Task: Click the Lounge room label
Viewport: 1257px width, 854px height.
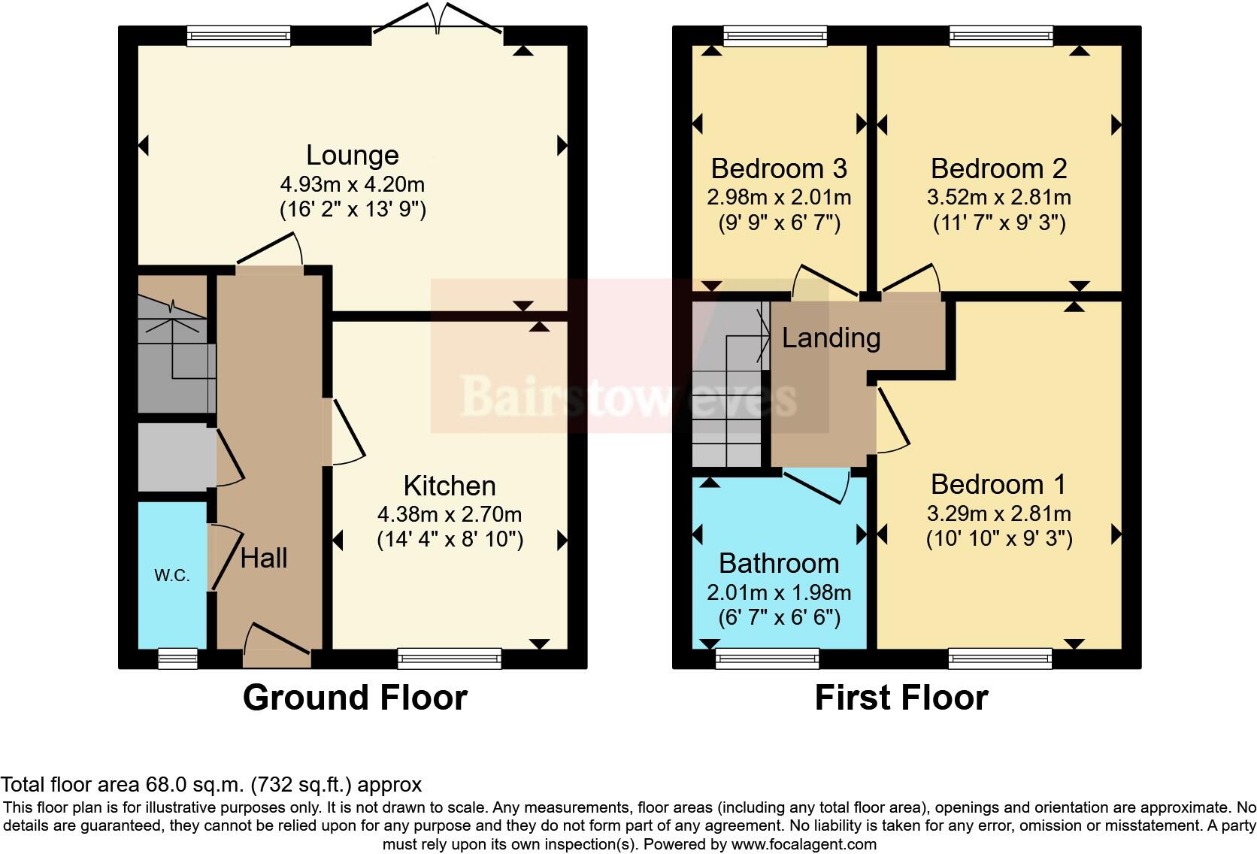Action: pos(352,155)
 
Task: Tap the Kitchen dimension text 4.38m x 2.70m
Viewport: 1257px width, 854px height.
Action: pos(449,514)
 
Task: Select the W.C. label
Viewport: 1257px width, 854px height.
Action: pos(171,576)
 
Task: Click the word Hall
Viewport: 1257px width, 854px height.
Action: pos(264,558)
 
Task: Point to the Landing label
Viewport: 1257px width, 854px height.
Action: pos(831,338)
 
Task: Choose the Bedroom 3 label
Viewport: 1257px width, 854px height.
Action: pos(779,168)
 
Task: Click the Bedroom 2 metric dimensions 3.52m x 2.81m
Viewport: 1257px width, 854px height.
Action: pos(998,197)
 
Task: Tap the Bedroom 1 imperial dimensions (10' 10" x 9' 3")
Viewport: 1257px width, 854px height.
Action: pos(998,539)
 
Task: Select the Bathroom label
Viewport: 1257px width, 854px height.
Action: pos(779,563)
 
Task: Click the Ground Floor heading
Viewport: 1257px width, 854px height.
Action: pos(355,698)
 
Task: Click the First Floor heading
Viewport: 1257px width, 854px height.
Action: pos(901,698)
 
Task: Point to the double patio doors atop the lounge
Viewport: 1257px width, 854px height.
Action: pos(438,19)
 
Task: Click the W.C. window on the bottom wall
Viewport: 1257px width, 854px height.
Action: pos(178,659)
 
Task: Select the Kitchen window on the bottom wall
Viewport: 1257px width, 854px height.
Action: pos(450,659)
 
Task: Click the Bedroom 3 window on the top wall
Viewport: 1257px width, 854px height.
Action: pos(775,35)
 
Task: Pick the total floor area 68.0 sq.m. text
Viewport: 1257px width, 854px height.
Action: pos(211,785)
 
